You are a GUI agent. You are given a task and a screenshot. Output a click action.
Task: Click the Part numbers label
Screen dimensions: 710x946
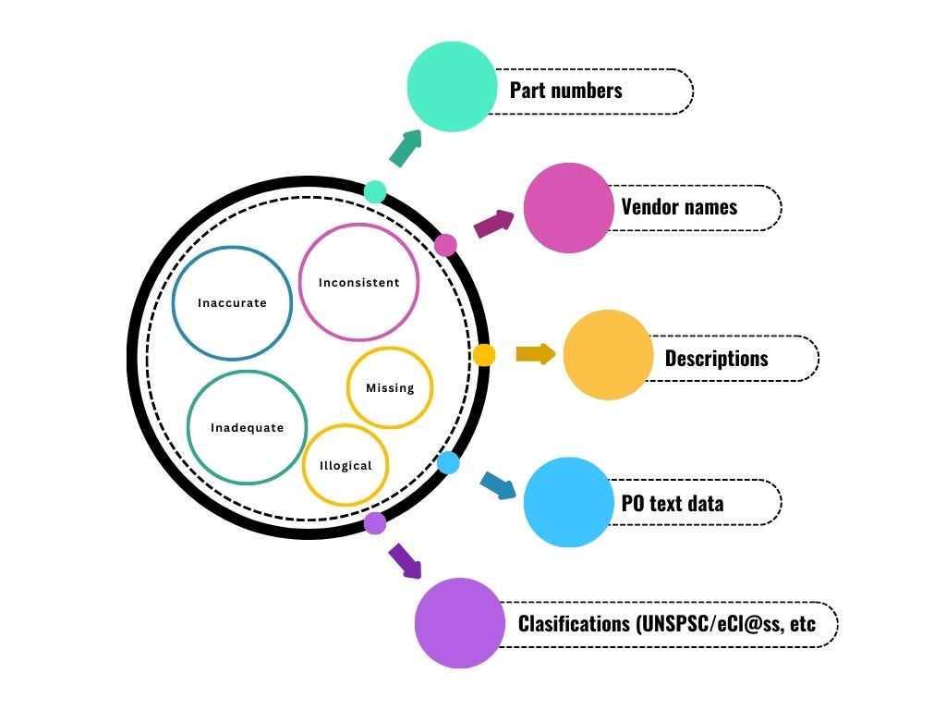pos(565,91)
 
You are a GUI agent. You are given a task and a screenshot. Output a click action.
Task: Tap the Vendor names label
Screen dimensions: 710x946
pos(679,207)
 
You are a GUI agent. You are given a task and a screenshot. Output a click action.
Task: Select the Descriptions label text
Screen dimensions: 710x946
pos(716,358)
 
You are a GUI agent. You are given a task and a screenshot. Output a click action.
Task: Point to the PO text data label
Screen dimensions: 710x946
pos(672,503)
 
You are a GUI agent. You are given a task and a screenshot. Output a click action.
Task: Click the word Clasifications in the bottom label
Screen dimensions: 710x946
pos(573,624)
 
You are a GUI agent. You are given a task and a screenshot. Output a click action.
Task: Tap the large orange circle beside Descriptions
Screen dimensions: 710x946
pos(608,355)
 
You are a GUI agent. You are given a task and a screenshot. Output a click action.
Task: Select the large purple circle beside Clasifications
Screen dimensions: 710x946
pos(459,623)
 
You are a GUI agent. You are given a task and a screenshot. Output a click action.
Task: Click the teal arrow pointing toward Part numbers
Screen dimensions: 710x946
pos(405,148)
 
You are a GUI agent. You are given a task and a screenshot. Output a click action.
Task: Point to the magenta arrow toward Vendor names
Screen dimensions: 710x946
pos(494,224)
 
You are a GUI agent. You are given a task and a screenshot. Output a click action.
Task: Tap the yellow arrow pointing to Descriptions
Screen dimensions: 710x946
pos(535,354)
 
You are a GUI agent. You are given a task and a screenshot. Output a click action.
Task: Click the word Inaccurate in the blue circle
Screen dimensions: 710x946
pos(232,303)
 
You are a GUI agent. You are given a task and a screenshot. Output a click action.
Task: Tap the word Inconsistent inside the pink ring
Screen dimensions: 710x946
pos(359,283)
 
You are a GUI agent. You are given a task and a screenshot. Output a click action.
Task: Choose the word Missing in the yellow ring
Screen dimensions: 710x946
pos(390,388)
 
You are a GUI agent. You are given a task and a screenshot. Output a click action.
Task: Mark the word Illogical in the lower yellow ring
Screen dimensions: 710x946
pos(346,466)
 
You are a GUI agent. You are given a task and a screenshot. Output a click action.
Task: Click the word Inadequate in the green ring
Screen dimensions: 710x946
pos(247,428)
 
